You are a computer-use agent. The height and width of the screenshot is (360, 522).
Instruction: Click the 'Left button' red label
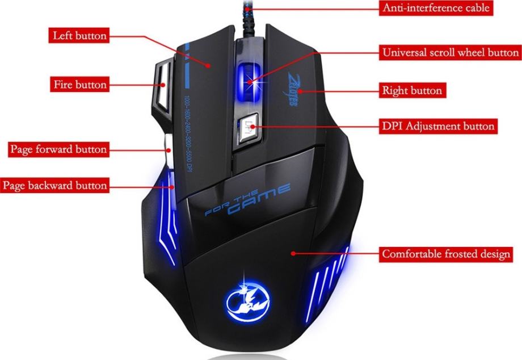click(x=79, y=36)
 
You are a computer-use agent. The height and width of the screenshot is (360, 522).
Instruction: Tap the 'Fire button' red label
click(x=80, y=85)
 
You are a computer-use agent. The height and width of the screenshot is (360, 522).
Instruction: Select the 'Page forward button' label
click(x=58, y=150)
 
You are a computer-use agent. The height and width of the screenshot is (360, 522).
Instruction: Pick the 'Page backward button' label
click(x=54, y=186)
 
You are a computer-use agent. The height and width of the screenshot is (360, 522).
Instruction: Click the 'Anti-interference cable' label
click(x=436, y=8)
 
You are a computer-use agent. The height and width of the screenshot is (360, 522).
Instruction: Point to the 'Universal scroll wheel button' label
click(x=450, y=53)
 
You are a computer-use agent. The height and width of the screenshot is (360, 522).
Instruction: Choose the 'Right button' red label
click(x=411, y=90)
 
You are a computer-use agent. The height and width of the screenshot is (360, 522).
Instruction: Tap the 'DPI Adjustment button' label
click(x=438, y=126)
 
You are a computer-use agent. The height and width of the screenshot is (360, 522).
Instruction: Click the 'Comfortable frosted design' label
click(x=445, y=254)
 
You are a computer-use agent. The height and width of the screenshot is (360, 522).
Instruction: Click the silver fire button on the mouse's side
click(x=161, y=86)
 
